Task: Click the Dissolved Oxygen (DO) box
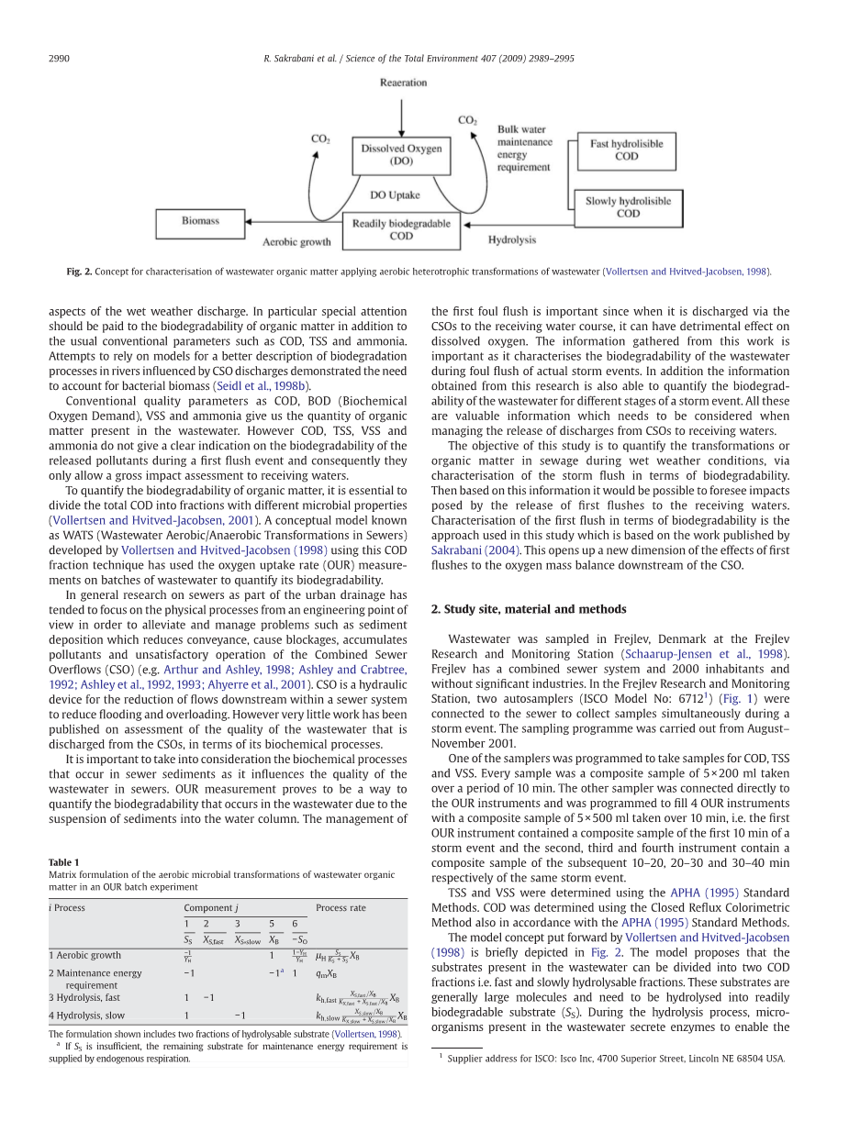click(x=401, y=155)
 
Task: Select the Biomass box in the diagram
click(x=200, y=221)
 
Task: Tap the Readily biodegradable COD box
click(x=401, y=229)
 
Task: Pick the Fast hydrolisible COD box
click(x=626, y=150)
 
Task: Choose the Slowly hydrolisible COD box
click(x=628, y=207)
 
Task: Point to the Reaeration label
click(x=403, y=83)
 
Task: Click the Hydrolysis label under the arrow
click(x=511, y=240)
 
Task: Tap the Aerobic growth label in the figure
click(x=296, y=242)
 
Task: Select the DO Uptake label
click(x=395, y=194)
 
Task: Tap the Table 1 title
click(x=64, y=861)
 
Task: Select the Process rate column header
click(x=341, y=907)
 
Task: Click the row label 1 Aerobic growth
click(x=84, y=955)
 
